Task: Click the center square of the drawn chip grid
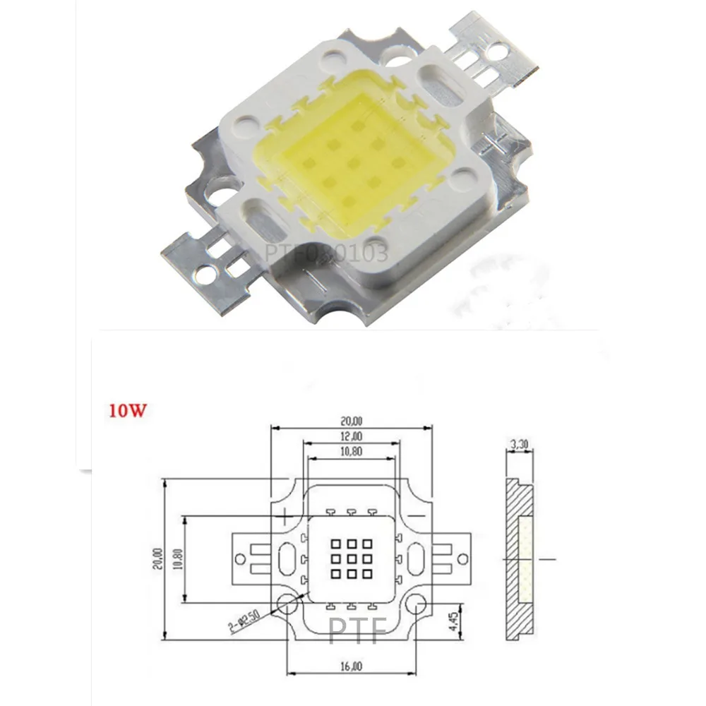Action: [351, 558]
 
